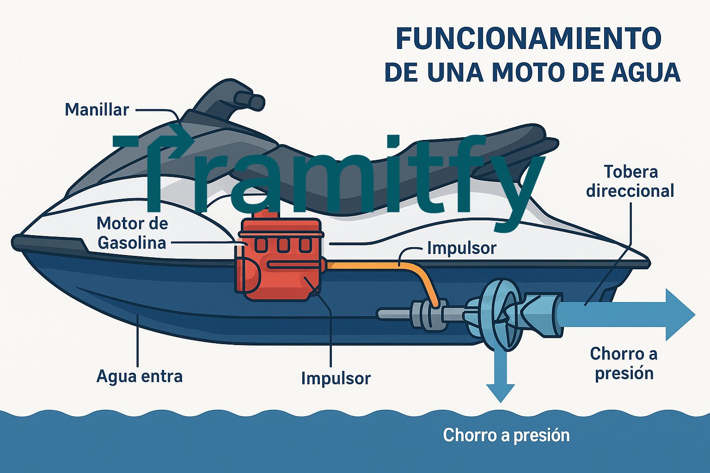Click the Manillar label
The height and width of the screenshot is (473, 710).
97,110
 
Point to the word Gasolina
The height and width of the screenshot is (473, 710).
132,243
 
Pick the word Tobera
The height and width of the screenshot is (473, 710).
630,172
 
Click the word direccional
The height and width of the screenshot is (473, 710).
630,191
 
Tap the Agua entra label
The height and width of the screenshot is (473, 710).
139,376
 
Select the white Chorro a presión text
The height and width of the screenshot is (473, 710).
506,435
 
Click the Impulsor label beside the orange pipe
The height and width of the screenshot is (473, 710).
461,248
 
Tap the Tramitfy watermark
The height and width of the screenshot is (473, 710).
328,176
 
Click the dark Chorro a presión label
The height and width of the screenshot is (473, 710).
624,364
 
